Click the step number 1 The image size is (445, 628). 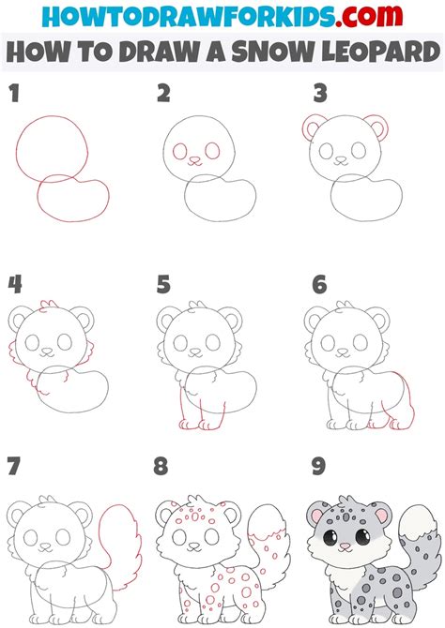13,94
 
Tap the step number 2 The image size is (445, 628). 163,94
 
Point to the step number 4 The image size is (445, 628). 14,284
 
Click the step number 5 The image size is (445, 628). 163,284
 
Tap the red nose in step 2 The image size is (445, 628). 194,160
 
